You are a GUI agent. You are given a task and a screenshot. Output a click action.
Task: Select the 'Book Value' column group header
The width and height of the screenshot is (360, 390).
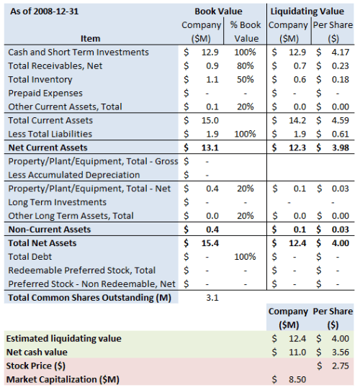point(218,12)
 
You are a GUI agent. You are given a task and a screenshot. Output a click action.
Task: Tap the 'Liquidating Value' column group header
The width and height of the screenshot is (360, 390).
point(312,12)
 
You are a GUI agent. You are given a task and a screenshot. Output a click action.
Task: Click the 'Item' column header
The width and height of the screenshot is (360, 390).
point(91,38)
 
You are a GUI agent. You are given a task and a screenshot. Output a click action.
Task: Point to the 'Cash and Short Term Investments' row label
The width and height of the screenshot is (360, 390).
point(78,53)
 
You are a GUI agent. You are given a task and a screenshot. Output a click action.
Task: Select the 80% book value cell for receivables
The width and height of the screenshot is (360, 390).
point(247,66)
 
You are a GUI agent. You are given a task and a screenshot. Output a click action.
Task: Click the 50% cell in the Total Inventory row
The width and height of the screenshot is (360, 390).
point(247,80)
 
